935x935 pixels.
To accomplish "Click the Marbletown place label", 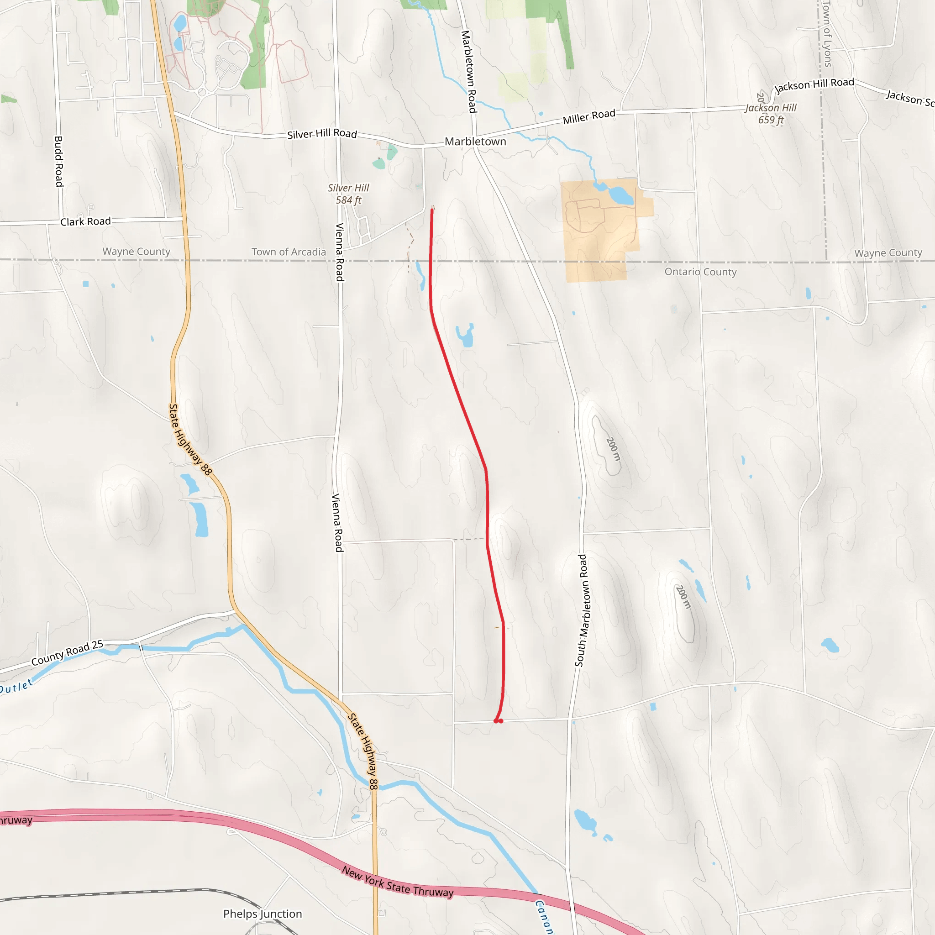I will point(475,142).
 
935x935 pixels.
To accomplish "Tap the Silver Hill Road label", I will point(322,134).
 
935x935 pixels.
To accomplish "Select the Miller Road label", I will point(588,116).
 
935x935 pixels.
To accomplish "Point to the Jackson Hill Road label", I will point(814,85).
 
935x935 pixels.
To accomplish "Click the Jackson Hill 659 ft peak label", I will point(771,114).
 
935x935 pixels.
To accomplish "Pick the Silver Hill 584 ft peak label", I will point(348,194).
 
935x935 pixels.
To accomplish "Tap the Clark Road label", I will point(85,221).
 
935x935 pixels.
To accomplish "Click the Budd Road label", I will point(58,161).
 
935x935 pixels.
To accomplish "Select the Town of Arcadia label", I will point(289,252).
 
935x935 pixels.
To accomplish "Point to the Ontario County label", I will point(700,272).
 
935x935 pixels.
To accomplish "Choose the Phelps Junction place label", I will point(263,913).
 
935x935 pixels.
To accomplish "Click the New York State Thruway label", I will point(397,882).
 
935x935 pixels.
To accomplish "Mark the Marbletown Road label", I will point(469,72).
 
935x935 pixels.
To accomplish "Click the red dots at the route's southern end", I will point(498,721).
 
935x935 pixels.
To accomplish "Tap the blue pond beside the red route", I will point(466,336).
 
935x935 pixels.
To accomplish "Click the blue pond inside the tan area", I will point(620,195).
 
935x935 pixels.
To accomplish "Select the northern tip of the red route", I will point(432,209).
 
